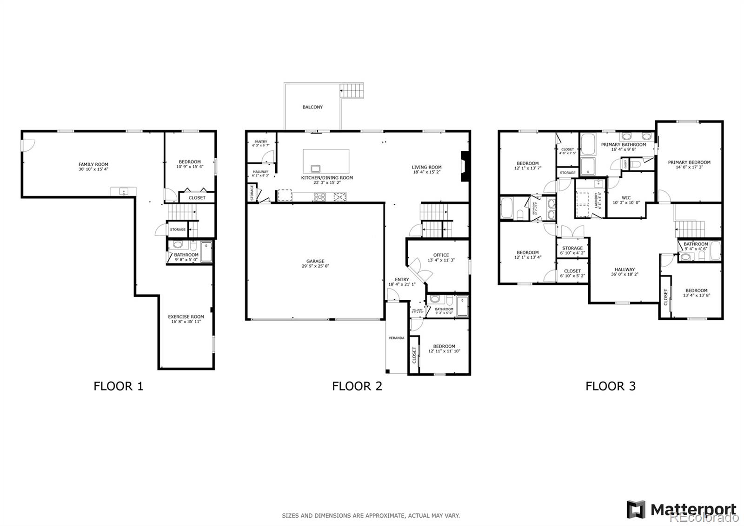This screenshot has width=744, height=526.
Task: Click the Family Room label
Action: (93, 164)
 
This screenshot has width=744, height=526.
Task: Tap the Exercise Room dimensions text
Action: (186, 322)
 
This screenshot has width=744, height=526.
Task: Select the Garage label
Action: (315, 261)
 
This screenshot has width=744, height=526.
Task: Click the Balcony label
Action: (312, 107)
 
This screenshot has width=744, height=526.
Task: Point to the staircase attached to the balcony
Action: (352, 89)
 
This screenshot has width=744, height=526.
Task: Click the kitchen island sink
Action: (316, 169)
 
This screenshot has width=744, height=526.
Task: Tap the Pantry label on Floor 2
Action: (260, 142)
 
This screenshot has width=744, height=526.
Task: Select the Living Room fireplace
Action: (464, 166)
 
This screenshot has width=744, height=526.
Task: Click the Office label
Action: (441, 255)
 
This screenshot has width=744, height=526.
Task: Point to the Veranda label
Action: (397, 338)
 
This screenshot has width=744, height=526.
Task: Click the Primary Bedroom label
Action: (689, 162)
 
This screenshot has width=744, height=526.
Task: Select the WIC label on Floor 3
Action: (626, 198)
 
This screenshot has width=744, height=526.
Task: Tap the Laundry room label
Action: (597, 201)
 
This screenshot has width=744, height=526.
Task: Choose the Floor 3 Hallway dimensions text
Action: (624, 275)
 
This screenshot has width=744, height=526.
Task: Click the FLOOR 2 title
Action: (357, 386)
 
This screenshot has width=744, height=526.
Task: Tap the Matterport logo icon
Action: (636, 509)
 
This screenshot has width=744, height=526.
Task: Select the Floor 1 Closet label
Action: (197, 198)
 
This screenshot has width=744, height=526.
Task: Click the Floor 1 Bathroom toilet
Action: (178, 245)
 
